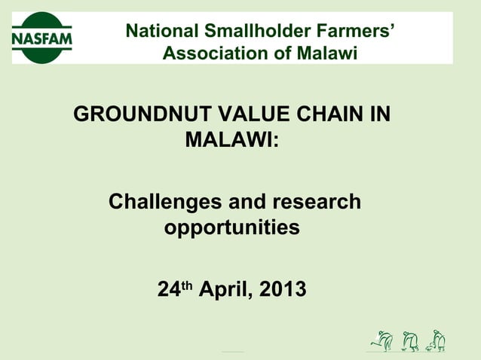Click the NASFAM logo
coord(42,38)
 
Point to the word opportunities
coord(232,227)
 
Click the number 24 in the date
coord(167,289)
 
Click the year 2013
coord(282,289)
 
